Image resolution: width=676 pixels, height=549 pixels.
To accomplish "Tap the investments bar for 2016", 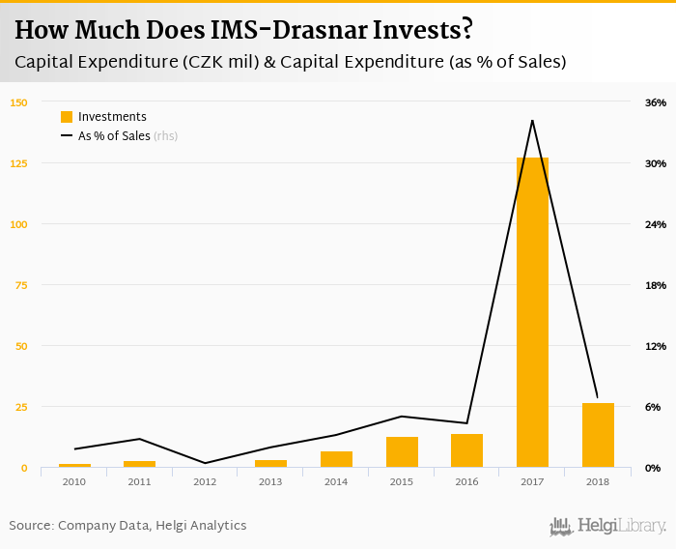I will click(466, 450).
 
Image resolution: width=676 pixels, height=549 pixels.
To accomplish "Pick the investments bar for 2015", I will click(402, 452).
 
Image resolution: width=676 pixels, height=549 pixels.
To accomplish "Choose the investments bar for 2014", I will click(336, 459).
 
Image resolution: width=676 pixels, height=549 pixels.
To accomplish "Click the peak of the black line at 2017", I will click(532, 120).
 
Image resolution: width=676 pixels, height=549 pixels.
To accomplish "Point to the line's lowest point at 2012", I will click(205, 463).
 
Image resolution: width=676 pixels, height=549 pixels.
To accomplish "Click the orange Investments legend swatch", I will click(67, 117).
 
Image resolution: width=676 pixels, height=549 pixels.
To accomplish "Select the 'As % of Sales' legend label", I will click(114, 136).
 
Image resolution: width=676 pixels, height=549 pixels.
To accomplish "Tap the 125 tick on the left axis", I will click(18, 163).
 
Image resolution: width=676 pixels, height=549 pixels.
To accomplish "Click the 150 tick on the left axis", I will click(18, 102).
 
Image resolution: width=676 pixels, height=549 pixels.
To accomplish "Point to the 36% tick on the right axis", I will click(655, 102).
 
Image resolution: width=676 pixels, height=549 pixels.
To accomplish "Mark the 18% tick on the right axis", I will click(655, 285).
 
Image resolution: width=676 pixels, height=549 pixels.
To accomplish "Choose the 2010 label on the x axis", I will click(74, 481).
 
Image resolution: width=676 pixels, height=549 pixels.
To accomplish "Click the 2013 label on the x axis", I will click(270, 481).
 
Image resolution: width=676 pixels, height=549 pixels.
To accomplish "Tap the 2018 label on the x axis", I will click(598, 481).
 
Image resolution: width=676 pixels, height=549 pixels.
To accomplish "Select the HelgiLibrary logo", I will click(607, 526).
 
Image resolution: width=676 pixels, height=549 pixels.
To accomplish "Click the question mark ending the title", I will click(466, 30).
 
